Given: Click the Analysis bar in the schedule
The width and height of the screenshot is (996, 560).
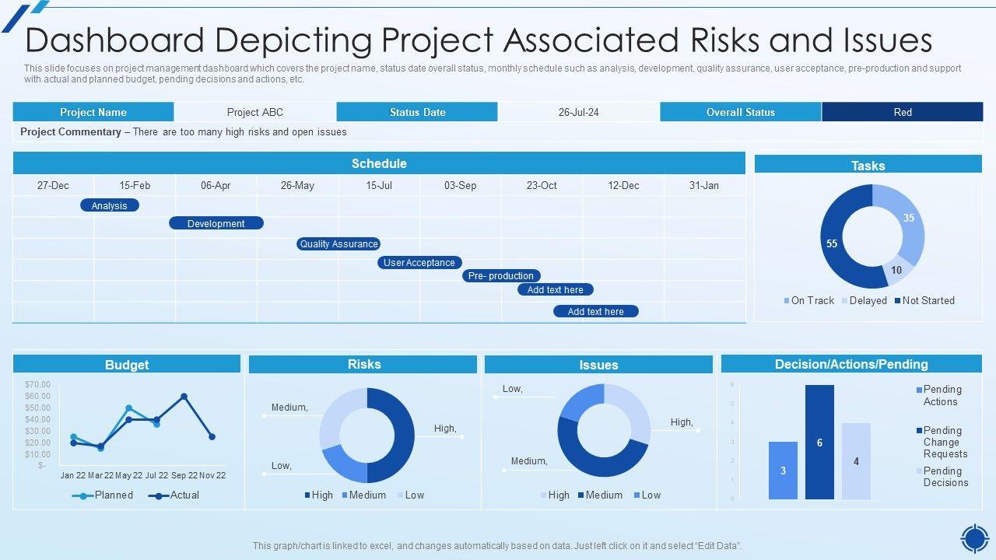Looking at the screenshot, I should [x=110, y=205].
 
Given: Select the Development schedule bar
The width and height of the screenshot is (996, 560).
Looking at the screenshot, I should [x=216, y=223].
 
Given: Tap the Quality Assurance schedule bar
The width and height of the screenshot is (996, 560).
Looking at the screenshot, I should [x=338, y=243].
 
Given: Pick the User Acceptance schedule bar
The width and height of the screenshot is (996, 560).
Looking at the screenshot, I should [x=419, y=263].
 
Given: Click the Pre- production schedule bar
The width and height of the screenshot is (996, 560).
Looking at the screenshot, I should [x=501, y=275].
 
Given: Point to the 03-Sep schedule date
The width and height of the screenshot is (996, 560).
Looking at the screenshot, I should [x=461, y=185].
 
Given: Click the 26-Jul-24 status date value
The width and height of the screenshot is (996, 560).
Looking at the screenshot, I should [x=578, y=112].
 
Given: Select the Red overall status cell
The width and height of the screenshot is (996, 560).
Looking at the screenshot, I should [x=902, y=112].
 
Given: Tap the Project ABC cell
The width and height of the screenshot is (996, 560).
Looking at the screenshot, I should [x=255, y=112].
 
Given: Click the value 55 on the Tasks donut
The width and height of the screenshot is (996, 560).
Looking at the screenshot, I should [x=832, y=243].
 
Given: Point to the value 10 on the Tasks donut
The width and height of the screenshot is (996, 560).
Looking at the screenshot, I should [x=896, y=270].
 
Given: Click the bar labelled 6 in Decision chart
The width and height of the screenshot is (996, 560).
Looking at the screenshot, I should [x=819, y=442].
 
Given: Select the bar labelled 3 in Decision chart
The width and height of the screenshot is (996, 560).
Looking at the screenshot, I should [x=783, y=470].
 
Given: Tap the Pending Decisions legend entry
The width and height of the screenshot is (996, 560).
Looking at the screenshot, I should [x=945, y=477].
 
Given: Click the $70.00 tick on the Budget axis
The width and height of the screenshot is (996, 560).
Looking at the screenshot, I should [x=37, y=384].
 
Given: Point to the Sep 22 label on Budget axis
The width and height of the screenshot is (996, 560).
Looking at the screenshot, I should [x=184, y=475].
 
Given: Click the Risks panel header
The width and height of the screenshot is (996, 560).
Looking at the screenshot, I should [x=363, y=364].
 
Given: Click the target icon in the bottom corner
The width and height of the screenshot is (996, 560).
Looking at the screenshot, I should [x=974, y=537].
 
